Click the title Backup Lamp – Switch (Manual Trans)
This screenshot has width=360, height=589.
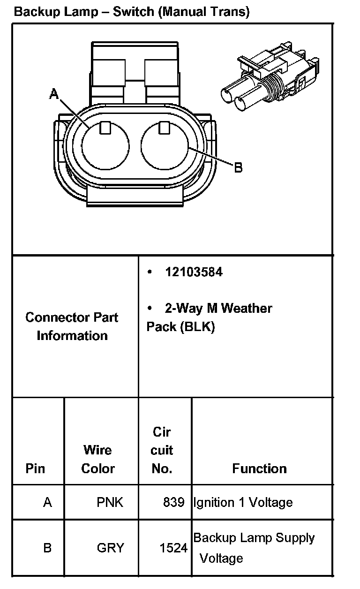pyautogui.click(x=132, y=12)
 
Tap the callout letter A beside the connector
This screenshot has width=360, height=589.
pyautogui.click(x=54, y=95)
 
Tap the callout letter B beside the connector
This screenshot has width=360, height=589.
pyautogui.click(x=238, y=167)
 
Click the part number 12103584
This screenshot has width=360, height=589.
pyautogui.click(x=194, y=272)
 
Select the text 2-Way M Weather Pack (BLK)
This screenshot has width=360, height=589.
pyautogui.click(x=209, y=317)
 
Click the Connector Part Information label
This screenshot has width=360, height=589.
pyautogui.click(x=72, y=326)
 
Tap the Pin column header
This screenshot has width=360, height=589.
pyautogui.click(x=36, y=468)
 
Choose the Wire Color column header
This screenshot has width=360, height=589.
pyautogui.click(x=98, y=459)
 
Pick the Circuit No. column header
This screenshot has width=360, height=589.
pyautogui.click(x=162, y=450)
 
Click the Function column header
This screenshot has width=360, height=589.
pyautogui.click(x=259, y=468)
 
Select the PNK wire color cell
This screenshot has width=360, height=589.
pyautogui.click(x=110, y=503)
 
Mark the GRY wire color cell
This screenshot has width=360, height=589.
pyautogui.click(x=110, y=548)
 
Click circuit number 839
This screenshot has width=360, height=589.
pyautogui.click(x=173, y=503)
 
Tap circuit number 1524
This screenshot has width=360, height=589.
pyautogui.click(x=173, y=548)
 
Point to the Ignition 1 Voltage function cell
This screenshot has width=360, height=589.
pyautogui.click(x=243, y=503)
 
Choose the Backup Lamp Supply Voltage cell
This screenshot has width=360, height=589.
pyautogui.click(x=254, y=548)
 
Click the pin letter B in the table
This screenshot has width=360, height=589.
pyautogui.click(x=47, y=548)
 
